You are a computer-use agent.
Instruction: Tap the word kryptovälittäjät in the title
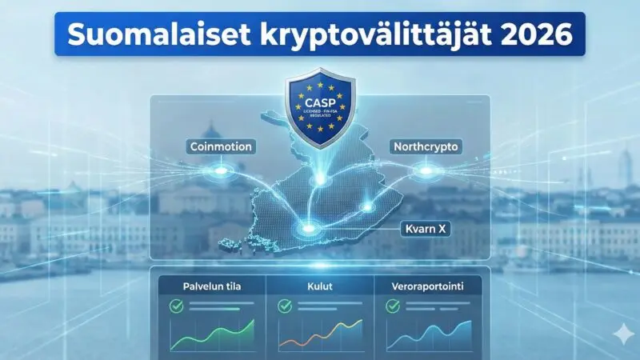(360, 35)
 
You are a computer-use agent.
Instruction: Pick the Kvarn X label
(426, 229)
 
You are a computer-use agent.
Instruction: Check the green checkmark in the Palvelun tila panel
(176, 306)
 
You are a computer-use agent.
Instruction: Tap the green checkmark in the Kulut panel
(284, 306)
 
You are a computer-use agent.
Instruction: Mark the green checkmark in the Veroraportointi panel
(392, 306)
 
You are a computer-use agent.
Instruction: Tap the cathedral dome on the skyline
(210, 132)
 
